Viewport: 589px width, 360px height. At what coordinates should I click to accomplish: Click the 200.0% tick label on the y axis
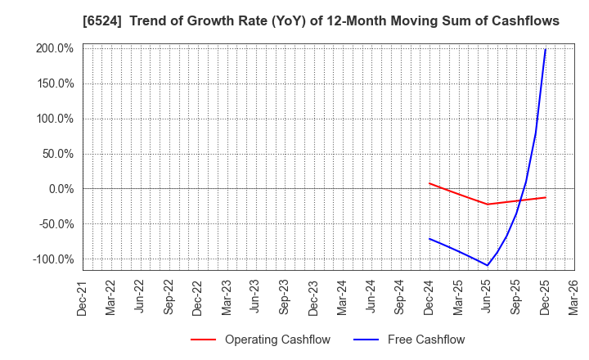(56, 48)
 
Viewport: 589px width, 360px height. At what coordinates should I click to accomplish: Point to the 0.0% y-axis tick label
(61, 189)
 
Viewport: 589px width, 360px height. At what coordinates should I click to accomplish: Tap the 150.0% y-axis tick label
(56, 83)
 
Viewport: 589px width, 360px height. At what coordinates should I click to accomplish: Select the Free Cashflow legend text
(426, 340)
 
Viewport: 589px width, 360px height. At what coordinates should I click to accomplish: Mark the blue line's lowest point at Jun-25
(488, 265)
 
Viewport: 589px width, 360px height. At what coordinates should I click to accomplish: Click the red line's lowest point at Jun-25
(488, 205)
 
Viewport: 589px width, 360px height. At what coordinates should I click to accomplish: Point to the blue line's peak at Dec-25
(546, 49)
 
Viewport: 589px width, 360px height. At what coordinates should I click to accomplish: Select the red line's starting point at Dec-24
(429, 183)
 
